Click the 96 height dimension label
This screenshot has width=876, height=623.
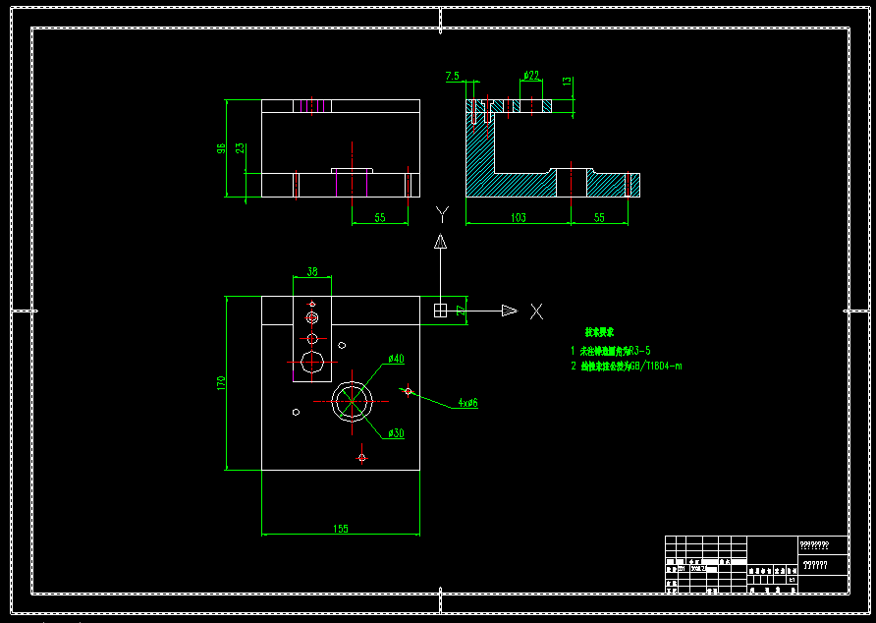(222, 148)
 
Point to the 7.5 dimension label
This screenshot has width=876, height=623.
(452, 76)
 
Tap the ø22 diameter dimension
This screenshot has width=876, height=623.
(530, 75)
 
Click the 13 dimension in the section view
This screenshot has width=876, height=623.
(567, 82)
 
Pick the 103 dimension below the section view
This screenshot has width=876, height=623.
(518, 217)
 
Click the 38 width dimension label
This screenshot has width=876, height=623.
(312, 271)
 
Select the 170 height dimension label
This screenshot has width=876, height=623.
(222, 382)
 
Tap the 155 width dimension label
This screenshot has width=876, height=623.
(340, 529)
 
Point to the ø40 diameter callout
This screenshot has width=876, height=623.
(396, 359)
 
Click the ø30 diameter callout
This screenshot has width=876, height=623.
(396, 433)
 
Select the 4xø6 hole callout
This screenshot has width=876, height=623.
(467, 403)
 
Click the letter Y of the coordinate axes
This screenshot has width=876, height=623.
(442, 214)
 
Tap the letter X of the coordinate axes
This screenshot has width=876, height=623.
(536, 311)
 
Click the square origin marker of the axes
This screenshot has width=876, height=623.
(441, 311)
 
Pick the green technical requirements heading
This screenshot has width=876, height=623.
(599, 333)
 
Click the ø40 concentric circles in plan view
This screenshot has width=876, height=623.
(353, 400)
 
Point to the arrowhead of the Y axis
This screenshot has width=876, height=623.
(442, 241)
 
